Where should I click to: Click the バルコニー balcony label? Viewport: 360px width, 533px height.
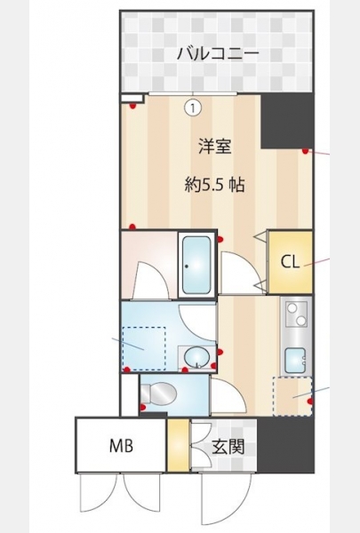pos(218,53)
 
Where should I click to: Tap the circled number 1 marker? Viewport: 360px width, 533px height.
pos(193,108)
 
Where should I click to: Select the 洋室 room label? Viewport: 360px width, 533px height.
pos(215,147)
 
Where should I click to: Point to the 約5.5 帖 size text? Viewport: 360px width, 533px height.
pos(215,186)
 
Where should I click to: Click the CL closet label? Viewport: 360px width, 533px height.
pos(291,262)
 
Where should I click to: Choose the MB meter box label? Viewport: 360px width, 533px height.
pos(122,446)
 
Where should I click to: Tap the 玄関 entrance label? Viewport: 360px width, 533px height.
pos(228,447)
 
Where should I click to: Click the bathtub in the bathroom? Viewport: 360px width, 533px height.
pos(196,265)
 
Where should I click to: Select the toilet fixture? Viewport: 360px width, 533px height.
pos(158,394)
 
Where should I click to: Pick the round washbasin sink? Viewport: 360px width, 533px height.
pos(196,358)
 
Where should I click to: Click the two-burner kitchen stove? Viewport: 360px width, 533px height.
pos(296,314)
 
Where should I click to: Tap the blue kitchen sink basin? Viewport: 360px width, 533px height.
pos(295,361)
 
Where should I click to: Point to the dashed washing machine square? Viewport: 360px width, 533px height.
pos(144,348)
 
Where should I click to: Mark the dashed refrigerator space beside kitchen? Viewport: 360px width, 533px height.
pos(292,396)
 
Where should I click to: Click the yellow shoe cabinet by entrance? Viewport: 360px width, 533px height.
pos(178,445)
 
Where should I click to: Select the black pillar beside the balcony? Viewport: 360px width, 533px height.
pos(287,121)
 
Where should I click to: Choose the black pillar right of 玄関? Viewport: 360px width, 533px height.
pos(284,445)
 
